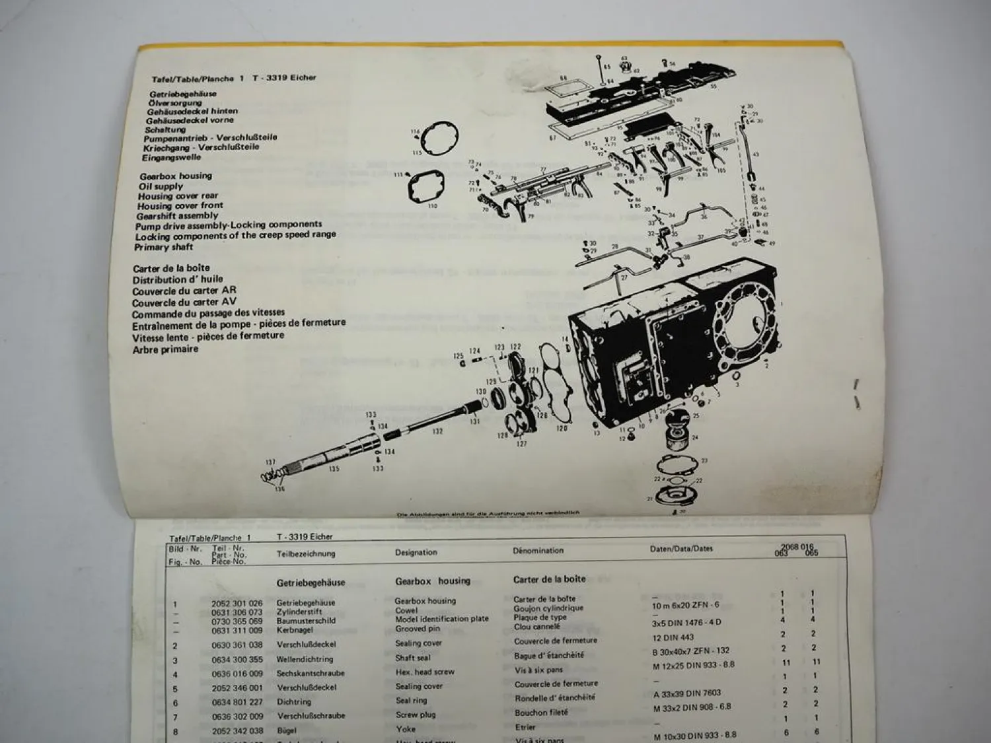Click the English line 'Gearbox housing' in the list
(176, 176)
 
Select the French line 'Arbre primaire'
(165, 349)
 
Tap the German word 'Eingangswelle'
(171, 158)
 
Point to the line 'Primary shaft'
(163, 247)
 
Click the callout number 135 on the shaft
(334, 469)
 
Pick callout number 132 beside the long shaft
(437, 431)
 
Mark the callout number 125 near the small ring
(458, 357)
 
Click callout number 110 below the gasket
(432, 206)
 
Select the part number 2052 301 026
(237, 603)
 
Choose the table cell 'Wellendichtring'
(305, 659)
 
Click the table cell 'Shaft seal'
(412, 658)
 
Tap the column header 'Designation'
(416, 552)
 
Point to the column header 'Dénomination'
(538, 551)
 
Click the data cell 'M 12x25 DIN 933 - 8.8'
(693, 665)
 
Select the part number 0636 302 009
(237, 716)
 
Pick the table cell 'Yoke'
(406, 729)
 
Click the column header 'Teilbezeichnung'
(305, 554)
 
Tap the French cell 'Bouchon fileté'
(541, 713)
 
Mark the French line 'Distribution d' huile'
(177, 279)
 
